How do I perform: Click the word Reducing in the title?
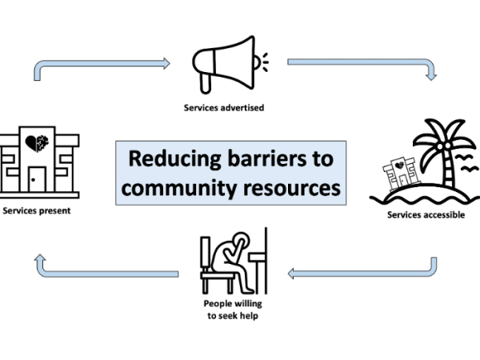(164, 158)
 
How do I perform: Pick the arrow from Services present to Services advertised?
(96, 63)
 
